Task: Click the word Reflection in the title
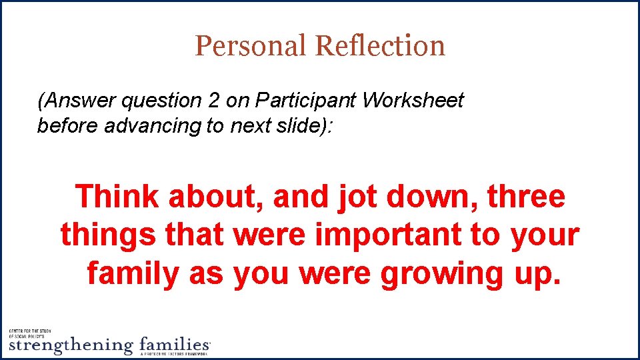pyautogui.click(x=380, y=45)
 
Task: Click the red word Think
pyautogui.click(x=117, y=197)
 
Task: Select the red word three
pyautogui.click(x=526, y=197)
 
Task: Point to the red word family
pyautogui.click(x=132, y=273)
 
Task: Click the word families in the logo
pyautogui.click(x=173, y=345)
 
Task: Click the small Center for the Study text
pyautogui.click(x=33, y=331)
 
